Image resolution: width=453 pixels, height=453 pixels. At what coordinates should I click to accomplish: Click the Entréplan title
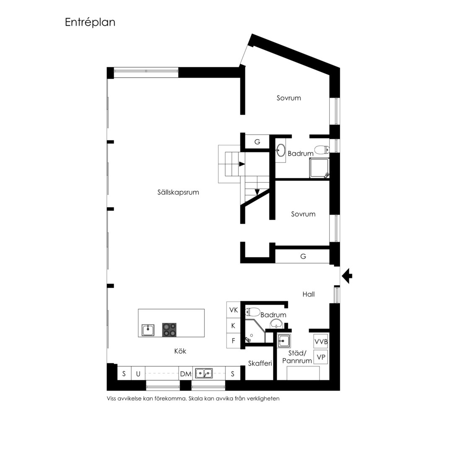(x=90, y=22)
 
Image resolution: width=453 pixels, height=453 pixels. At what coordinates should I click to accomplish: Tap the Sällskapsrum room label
(x=178, y=193)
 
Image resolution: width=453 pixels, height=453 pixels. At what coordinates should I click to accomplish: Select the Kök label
(x=180, y=351)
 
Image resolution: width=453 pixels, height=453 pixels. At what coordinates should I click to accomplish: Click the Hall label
(x=309, y=294)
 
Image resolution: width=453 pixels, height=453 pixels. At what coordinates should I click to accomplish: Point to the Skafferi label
(x=260, y=363)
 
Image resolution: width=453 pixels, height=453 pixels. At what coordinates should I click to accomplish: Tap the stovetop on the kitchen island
(x=169, y=330)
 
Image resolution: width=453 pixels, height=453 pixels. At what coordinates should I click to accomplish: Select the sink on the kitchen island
(x=148, y=330)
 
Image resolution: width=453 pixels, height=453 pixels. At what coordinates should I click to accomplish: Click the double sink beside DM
(x=204, y=373)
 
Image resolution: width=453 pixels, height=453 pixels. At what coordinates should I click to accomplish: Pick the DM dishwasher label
(x=185, y=374)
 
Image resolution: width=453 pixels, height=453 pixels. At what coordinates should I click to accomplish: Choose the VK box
(x=234, y=310)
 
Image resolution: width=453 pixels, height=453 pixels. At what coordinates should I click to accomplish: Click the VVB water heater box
(x=321, y=342)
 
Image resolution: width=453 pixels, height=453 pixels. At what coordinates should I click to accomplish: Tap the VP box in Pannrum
(x=321, y=357)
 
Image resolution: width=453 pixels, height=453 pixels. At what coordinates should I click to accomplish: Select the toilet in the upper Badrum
(x=322, y=150)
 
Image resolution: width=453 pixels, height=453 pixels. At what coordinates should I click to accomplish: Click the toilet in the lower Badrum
(x=253, y=312)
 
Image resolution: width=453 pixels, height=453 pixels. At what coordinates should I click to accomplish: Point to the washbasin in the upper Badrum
(x=281, y=150)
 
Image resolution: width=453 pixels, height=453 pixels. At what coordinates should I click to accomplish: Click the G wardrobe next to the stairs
(x=257, y=142)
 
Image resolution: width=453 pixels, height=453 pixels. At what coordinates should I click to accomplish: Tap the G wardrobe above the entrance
(x=303, y=256)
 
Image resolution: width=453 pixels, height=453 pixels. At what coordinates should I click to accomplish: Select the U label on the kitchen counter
(x=138, y=374)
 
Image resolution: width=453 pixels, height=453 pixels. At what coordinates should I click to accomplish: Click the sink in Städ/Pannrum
(x=284, y=341)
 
